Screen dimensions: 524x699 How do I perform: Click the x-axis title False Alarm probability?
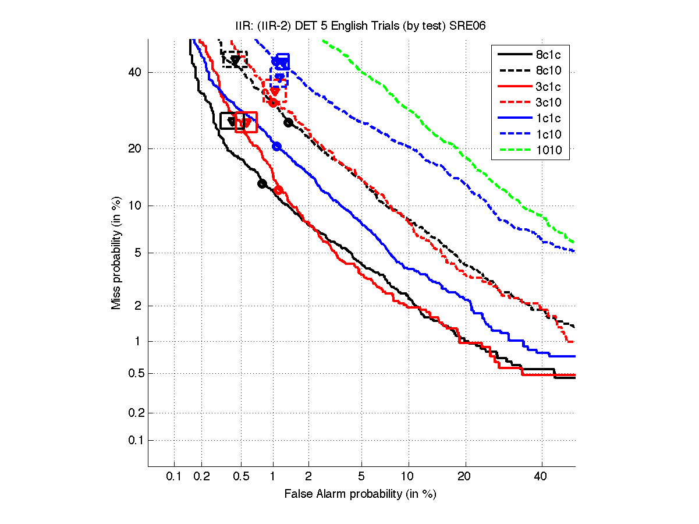tap(360, 494)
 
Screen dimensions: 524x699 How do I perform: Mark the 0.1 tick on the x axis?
tap(174, 477)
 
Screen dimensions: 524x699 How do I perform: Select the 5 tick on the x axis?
tap(361, 477)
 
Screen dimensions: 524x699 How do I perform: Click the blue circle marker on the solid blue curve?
tap(276, 146)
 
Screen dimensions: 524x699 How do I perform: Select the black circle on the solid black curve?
tap(262, 184)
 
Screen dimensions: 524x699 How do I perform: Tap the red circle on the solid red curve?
tap(278, 190)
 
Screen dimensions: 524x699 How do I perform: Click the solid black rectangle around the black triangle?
tap(232, 121)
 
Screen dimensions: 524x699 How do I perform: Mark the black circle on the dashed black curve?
tap(288, 122)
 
